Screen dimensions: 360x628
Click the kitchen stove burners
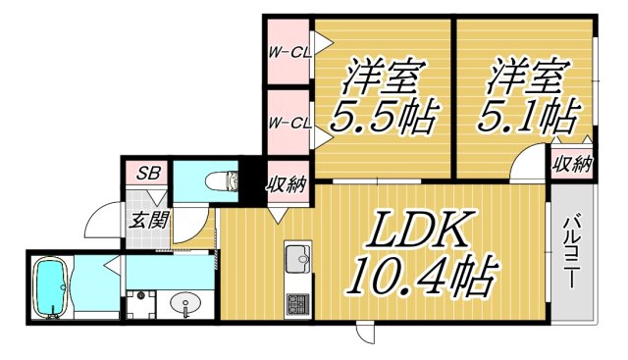pos(297,302)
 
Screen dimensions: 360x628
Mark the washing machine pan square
pos(141,305)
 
